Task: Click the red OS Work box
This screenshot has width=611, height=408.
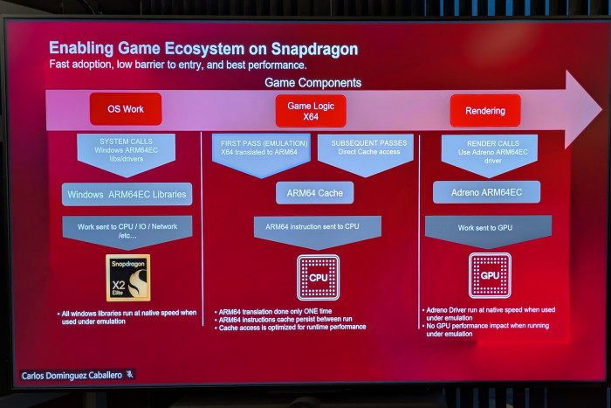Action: coord(126,109)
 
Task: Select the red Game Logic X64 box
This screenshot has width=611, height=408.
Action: coord(311,111)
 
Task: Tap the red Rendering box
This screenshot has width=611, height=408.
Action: coord(485,110)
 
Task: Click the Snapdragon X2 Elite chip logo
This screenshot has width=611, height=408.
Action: coord(127,278)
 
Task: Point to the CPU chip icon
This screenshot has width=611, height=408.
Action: coord(318,277)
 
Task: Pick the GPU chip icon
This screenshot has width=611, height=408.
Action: coord(490,275)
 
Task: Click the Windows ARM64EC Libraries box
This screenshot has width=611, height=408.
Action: coord(127,194)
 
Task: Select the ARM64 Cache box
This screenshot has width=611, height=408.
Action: coord(314,193)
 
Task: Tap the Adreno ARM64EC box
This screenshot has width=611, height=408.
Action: coord(486,192)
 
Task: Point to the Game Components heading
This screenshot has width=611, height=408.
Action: coord(312,83)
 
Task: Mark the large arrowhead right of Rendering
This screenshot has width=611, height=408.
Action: coord(582,109)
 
